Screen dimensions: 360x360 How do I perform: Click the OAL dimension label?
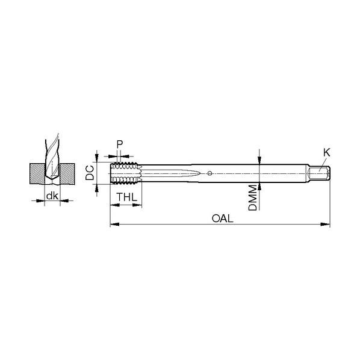pos(222,219)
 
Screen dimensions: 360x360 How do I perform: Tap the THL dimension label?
pos(127,197)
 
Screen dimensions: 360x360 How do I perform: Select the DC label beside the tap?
pos(90,173)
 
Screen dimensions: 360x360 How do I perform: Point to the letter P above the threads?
pos(120,144)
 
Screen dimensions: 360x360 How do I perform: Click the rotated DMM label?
pos(253,198)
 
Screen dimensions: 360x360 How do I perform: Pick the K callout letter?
pos(327,153)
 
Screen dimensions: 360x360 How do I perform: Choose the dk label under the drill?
pos(52,196)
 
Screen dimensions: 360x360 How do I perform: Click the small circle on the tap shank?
pos(209,173)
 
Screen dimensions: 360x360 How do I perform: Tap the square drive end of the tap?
pos(319,173)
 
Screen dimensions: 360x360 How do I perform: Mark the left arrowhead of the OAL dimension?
pos(114,224)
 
